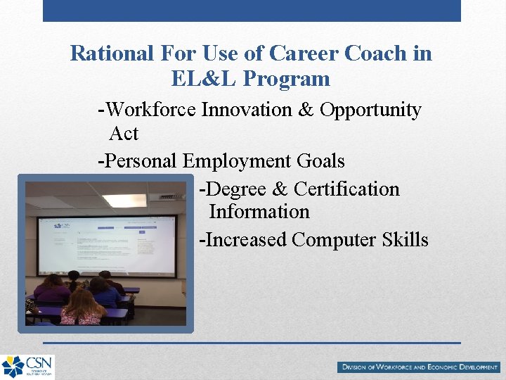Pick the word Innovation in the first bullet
pyautogui.click(x=247, y=110)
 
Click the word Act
pyautogui.click(x=124, y=133)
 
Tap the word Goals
pyautogui.click(x=320, y=161)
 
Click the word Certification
pyautogui.click(x=346, y=189)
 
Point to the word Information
pyautogui.click(x=259, y=212)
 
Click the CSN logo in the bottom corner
pyautogui.click(x=27, y=367)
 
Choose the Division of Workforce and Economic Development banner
pyautogui.click(x=418, y=367)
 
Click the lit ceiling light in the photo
pyautogui.click(x=124, y=201)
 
